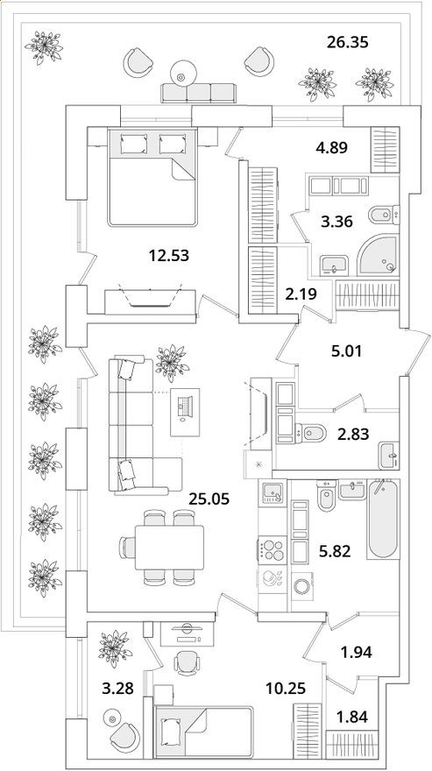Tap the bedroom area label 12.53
point(168,256)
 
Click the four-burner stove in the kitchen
point(272,552)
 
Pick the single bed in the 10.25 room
point(203,727)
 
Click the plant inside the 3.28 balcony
point(112,647)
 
